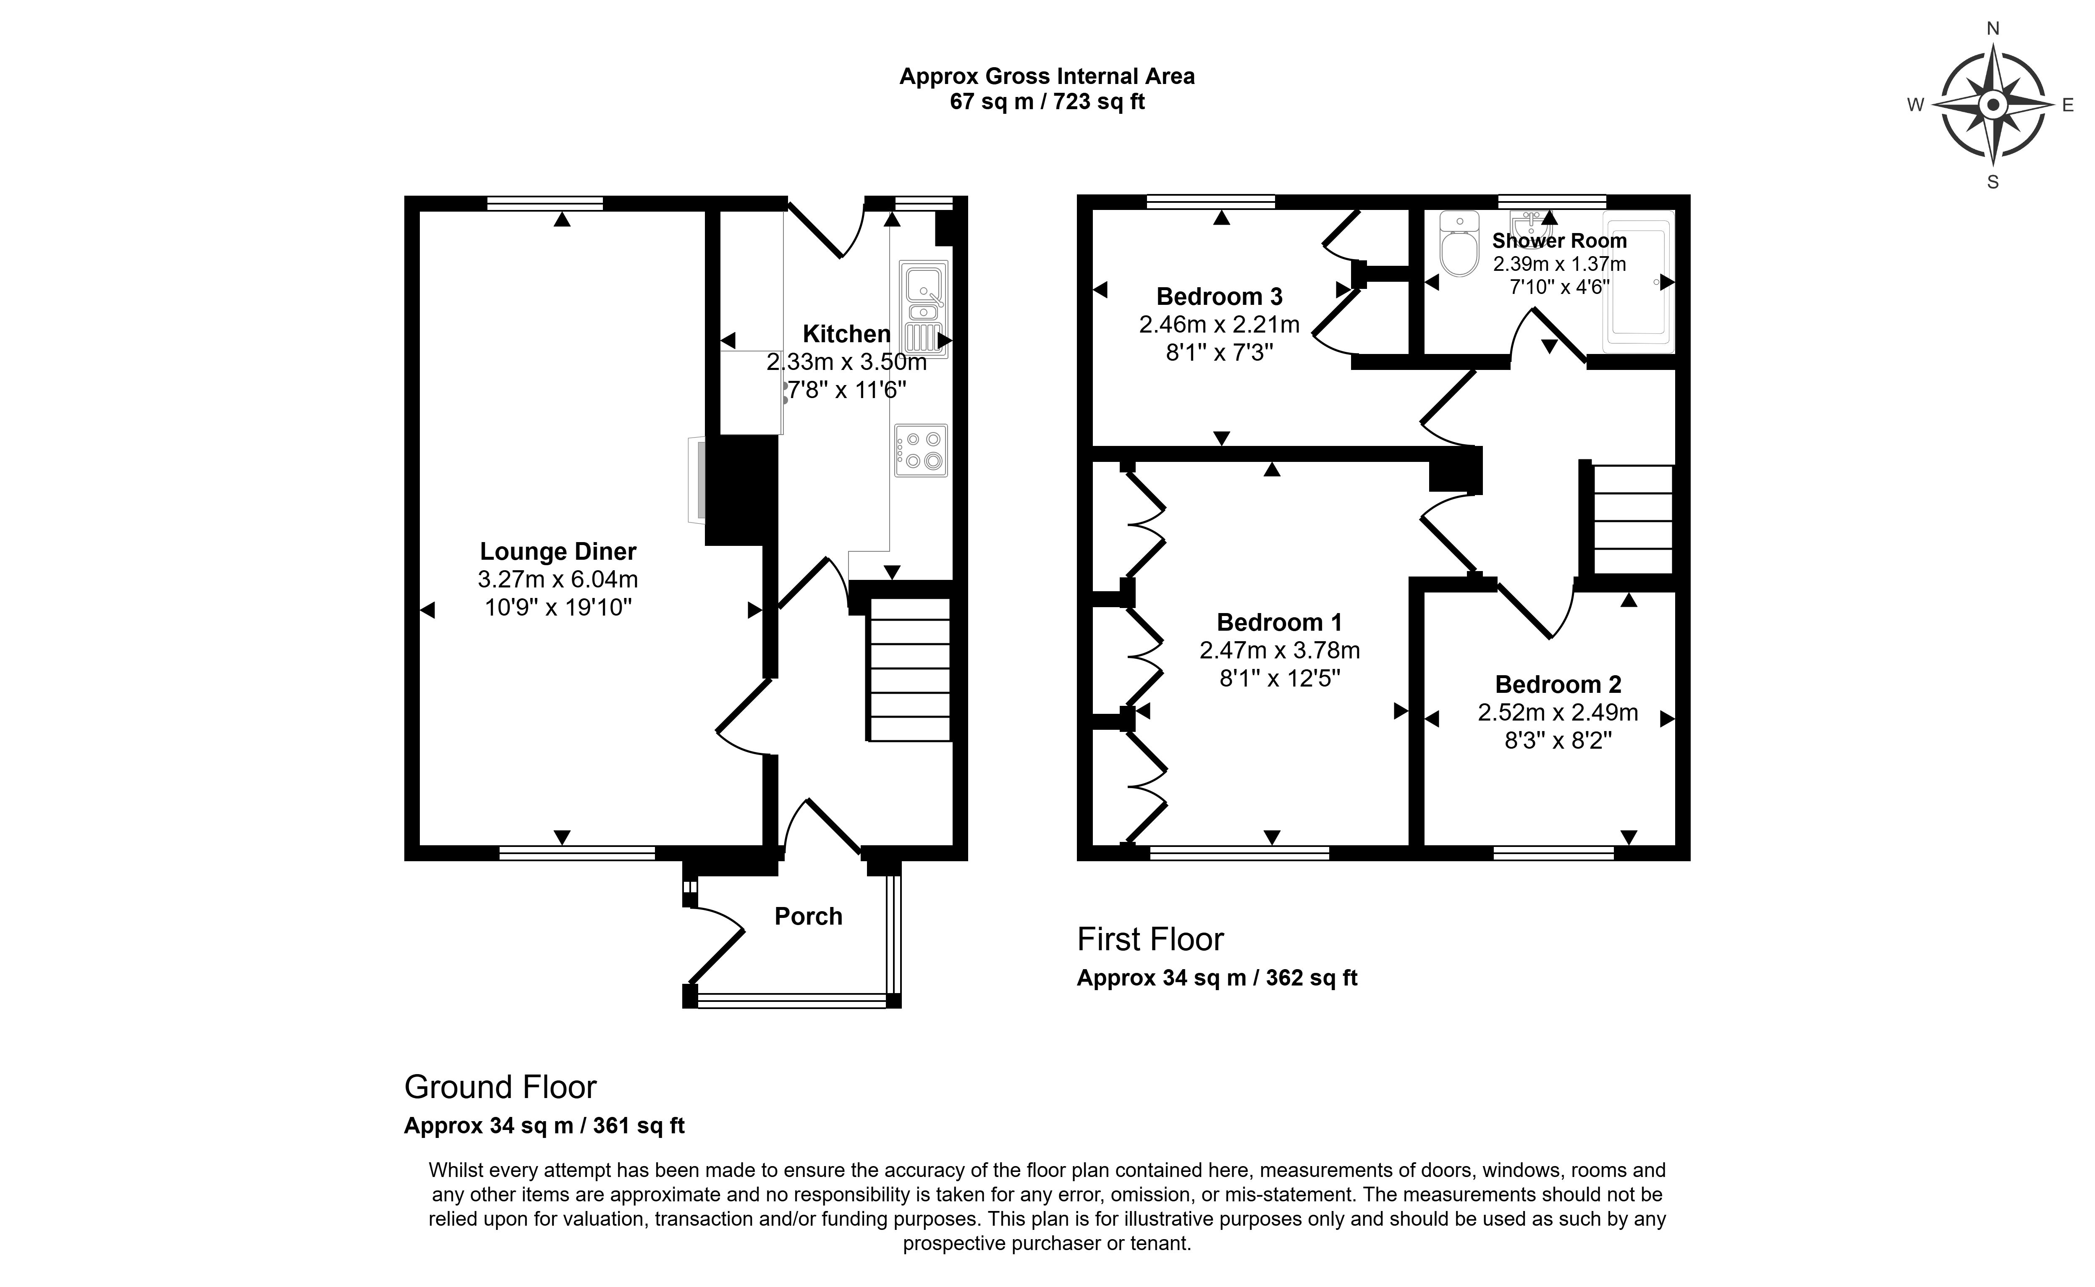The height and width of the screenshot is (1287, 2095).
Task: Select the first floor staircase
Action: (x=1632, y=519)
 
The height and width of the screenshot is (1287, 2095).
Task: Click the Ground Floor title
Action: (x=500, y=1087)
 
